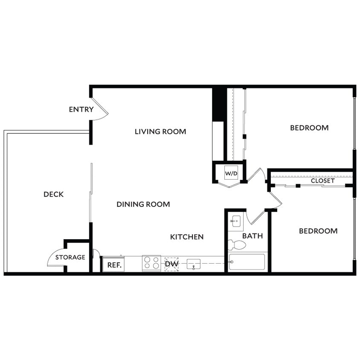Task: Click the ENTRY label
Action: (81, 110)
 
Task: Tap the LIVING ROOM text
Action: (160, 131)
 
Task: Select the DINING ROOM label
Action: (143, 204)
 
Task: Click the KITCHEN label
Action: (187, 237)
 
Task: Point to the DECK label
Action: (53, 195)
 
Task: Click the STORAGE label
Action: (70, 257)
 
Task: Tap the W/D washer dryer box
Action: (231, 174)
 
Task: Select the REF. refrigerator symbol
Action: (113, 264)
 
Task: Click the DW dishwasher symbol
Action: (171, 264)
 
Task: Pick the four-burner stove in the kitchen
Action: (151, 263)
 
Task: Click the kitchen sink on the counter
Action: (194, 264)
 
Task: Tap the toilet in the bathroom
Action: (237, 245)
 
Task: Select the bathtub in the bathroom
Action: (247, 262)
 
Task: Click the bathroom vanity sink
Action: (235, 221)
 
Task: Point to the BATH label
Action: (253, 236)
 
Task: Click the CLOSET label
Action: (322, 181)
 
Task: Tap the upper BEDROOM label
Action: (309, 128)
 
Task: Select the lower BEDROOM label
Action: (318, 231)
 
